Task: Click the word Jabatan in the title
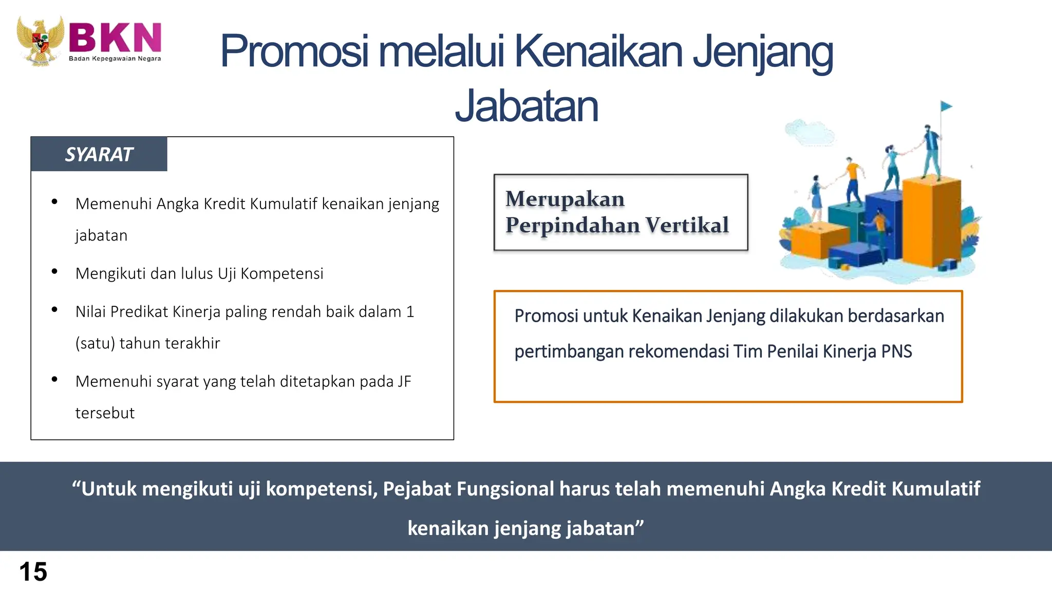tap(527, 106)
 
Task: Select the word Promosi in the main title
tap(294, 51)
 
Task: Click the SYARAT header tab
tap(99, 154)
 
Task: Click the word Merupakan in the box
tap(565, 199)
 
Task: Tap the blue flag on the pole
tap(946, 106)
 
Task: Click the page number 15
tap(33, 571)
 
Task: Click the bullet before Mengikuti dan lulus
tap(54, 272)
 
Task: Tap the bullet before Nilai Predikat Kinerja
tap(54, 310)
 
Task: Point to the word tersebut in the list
tap(105, 413)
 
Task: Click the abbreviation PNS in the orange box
tap(896, 351)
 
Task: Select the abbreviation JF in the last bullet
tap(404, 381)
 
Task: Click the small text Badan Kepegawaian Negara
tap(115, 59)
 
